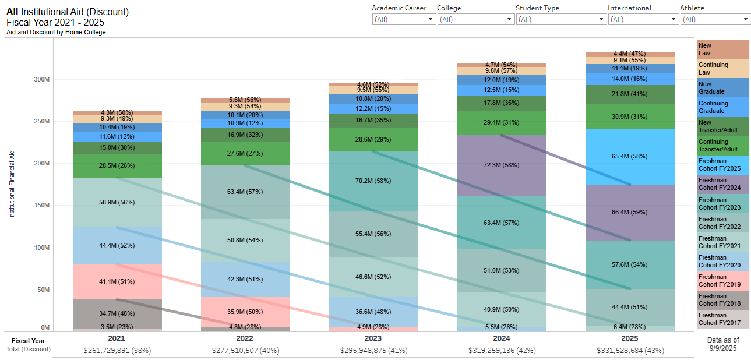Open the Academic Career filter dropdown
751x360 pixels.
404,19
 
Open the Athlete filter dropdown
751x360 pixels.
715,19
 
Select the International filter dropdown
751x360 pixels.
643,19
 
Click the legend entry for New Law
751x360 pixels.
722,49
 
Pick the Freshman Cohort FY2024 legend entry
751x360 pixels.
722,184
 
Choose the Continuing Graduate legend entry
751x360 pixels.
722,107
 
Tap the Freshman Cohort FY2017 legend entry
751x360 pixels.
722,319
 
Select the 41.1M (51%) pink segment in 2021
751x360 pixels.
117,281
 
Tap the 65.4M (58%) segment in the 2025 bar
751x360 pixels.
630,157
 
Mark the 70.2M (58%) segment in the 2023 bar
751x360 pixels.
373,181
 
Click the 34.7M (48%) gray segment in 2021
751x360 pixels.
117,313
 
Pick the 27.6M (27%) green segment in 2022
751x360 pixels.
245,153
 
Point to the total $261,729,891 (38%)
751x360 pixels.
117,350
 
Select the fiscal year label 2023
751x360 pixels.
373,338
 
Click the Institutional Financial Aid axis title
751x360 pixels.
12,183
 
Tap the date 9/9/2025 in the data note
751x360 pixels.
722,348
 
